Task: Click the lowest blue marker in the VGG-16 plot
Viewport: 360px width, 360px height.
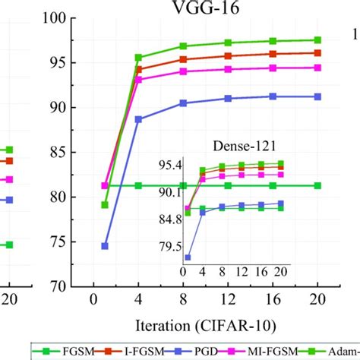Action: [105, 246]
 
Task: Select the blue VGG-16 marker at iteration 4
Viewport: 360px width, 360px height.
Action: [138, 119]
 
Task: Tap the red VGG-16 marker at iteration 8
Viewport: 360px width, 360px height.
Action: [183, 59]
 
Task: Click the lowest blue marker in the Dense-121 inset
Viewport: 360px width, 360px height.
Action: [188, 257]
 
